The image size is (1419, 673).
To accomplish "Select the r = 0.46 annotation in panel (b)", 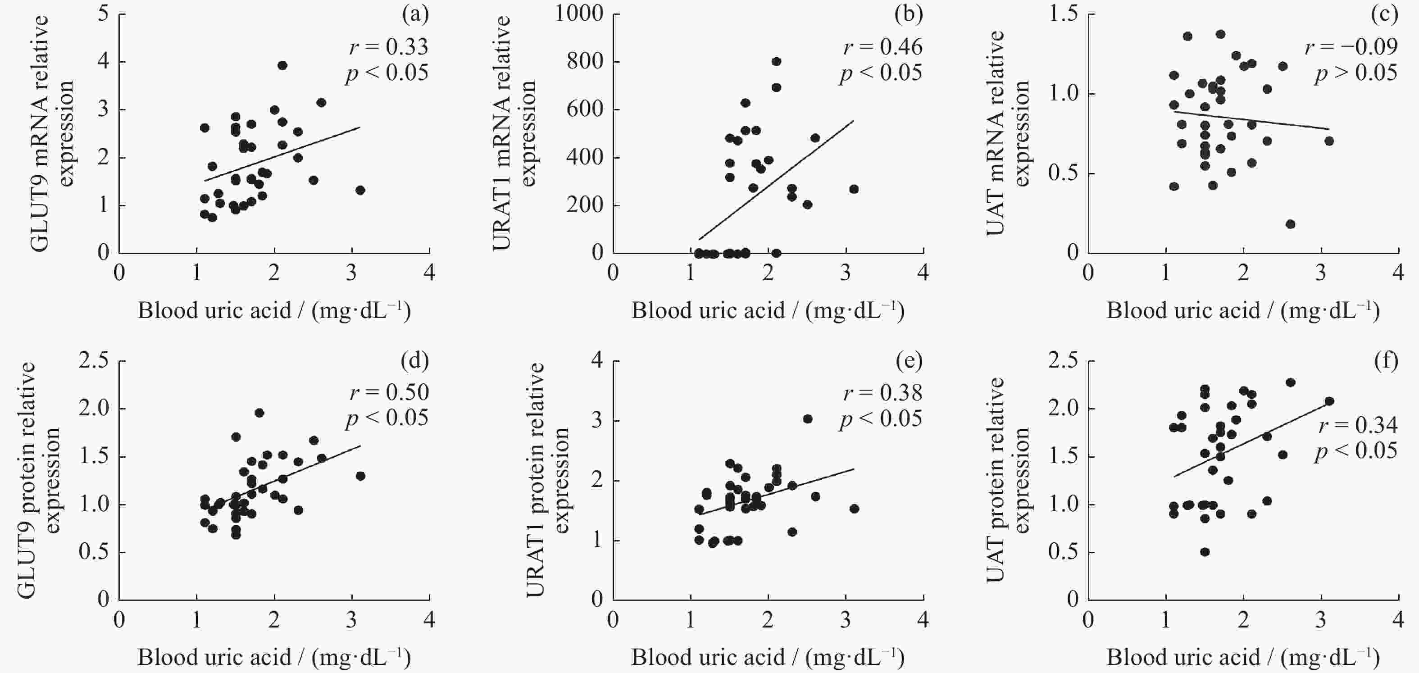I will pyautogui.click(x=882, y=47).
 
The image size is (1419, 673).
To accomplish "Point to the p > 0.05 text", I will pyautogui.click(x=1356, y=73).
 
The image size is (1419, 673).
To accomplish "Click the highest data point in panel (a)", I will pyautogui.click(x=282, y=65).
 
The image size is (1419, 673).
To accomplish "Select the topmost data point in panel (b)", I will pyautogui.click(x=776, y=61).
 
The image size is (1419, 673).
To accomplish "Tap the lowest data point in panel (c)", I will pyautogui.click(x=1290, y=223).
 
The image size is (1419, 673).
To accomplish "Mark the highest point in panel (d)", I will pyautogui.click(x=259, y=413).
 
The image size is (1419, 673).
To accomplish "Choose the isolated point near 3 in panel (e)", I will pyautogui.click(x=808, y=418).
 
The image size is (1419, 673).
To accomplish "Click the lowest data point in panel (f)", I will pyautogui.click(x=1205, y=552).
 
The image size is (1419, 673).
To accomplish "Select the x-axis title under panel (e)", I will pyautogui.click(x=767, y=657).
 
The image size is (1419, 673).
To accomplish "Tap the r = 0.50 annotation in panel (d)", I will pyautogui.click(x=389, y=392).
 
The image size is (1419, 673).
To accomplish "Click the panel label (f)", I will pyautogui.click(x=1386, y=361).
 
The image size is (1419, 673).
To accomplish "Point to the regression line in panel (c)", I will pyautogui.click(x=1251, y=120).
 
